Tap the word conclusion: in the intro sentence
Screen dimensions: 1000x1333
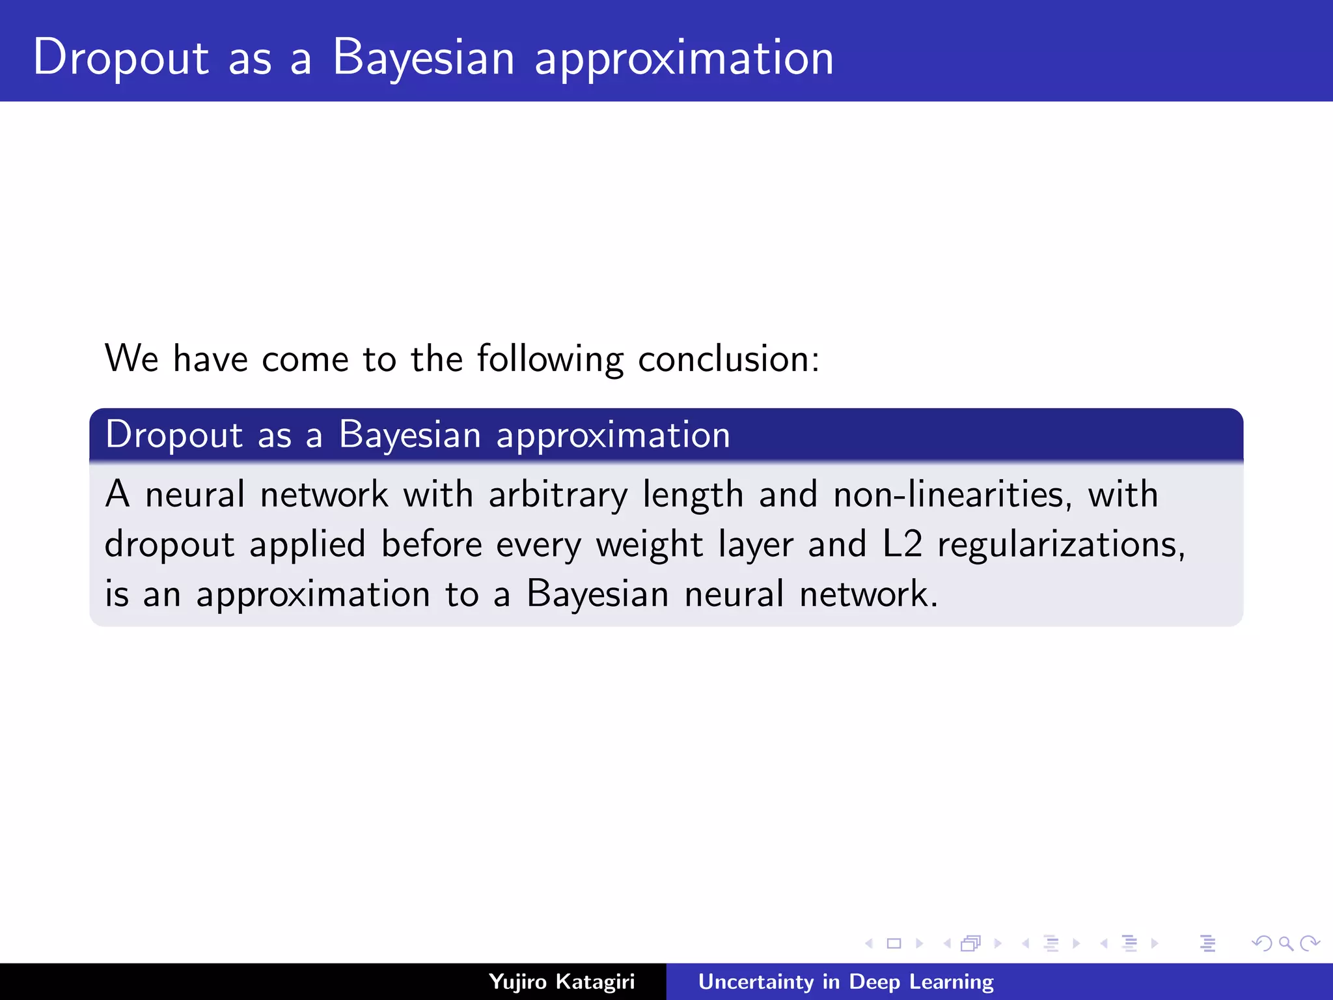pos(728,359)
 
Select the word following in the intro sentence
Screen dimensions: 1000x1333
pos(550,359)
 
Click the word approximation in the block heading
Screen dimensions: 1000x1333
pos(612,435)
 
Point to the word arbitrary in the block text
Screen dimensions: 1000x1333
pos(558,495)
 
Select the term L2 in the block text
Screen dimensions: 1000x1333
pos(902,544)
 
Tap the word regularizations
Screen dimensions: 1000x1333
pos(1061,545)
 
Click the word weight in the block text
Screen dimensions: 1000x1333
pos(650,545)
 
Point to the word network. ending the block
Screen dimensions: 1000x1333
pos(868,594)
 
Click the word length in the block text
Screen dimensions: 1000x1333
pos(693,495)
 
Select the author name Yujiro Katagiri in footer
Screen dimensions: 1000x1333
pos(561,981)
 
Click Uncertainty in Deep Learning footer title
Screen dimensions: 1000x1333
pos(845,981)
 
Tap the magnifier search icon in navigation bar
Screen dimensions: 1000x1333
pos(1285,943)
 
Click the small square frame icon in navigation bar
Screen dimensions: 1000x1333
pos(894,943)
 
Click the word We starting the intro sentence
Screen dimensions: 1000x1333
pos(131,359)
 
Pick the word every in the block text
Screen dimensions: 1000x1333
pos(538,545)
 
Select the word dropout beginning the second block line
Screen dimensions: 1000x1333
pos(169,545)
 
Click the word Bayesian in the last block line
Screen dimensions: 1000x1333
pos(597,594)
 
